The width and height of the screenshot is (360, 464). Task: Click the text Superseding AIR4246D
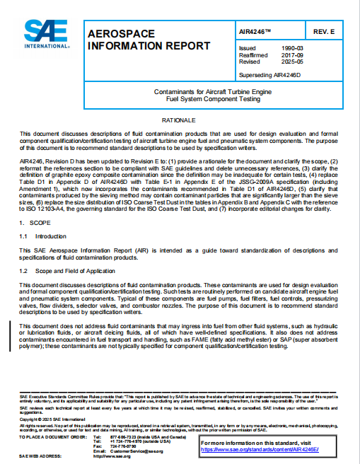(x=274, y=74)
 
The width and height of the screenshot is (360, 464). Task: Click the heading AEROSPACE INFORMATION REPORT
(x=148, y=40)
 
